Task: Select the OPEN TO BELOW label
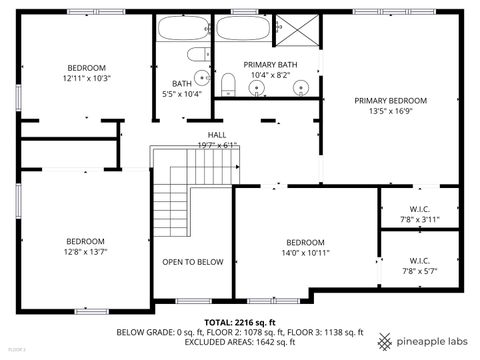tap(193, 262)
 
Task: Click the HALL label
tap(217, 134)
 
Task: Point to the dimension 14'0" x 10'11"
tap(305, 253)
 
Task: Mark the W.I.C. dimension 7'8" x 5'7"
tap(420, 271)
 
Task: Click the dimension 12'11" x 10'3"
tap(86, 77)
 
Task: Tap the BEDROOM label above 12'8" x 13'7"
tap(85, 241)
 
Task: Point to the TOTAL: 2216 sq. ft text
tap(240, 321)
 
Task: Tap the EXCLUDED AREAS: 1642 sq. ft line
tap(240, 342)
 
